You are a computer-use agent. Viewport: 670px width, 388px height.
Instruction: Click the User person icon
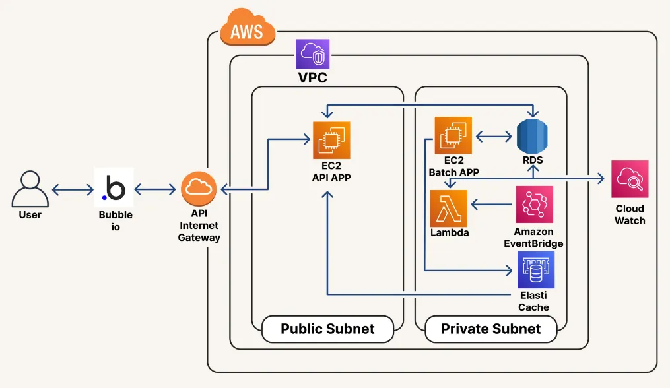[x=30, y=189]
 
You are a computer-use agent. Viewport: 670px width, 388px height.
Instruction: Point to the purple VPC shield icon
[x=313, y=55]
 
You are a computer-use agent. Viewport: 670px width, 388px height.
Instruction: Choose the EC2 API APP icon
[x=331, y=140]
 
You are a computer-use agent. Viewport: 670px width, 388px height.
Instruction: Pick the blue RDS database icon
[x=533, y=137]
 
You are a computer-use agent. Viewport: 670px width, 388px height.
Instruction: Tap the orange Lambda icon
[x=449, y=209]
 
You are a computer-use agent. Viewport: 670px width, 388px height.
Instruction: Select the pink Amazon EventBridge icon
[x=533, y=205]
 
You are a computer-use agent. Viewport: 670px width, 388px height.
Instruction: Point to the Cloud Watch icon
[x=630, y=179]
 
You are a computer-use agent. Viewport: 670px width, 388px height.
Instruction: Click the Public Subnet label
[x=327, y=329]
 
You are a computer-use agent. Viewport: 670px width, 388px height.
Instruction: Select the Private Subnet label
[x=490, y=329]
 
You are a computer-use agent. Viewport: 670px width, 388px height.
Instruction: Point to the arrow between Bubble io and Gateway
[x=158, y=189]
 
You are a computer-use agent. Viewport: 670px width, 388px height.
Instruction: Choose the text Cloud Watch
[x=630, y=214]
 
